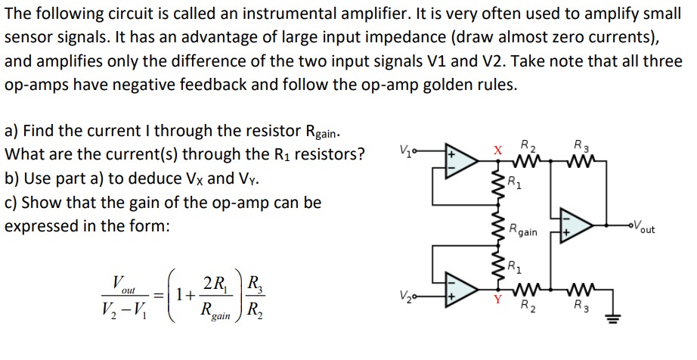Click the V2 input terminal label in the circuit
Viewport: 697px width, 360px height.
click(406, 295)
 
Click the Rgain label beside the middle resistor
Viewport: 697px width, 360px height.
click(522, 231)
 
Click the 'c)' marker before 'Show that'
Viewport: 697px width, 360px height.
click(12, 203)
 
